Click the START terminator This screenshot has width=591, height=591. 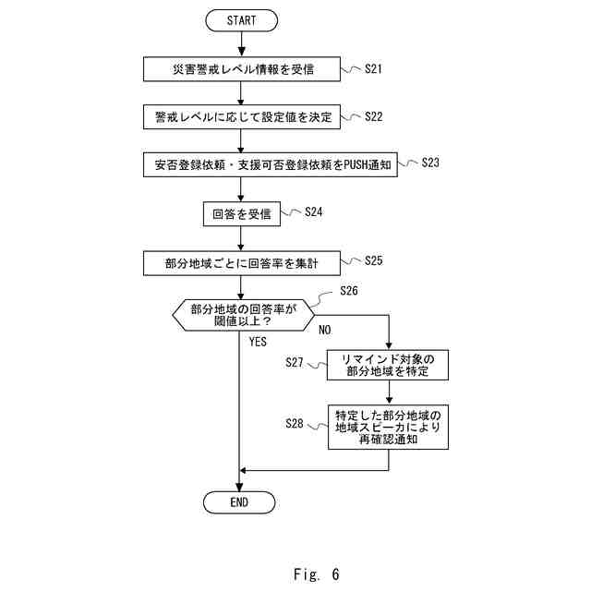click(240, 19)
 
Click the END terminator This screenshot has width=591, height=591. click(239, 501)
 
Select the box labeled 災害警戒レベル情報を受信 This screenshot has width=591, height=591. click(241, 68)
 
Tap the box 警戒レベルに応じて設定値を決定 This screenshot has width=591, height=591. click(241, 116)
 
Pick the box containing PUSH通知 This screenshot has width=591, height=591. click(271, 165)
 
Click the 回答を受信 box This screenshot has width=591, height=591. click(240, 213)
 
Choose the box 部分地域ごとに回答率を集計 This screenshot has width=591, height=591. click(241, 262)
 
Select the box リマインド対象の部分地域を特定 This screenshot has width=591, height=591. click(389, 365)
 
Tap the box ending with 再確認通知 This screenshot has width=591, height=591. click(389, 426)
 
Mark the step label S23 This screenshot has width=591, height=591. click(429, 163)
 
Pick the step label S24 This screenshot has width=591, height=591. click(313, 211)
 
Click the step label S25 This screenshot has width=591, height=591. click(374, 260)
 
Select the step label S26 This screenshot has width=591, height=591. click(348, 291)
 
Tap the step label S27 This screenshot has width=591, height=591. click(295, 363)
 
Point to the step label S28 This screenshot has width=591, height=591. click(295, 422)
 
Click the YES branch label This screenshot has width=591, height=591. click(258, 342)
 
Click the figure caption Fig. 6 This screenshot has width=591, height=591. click(317, 573)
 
